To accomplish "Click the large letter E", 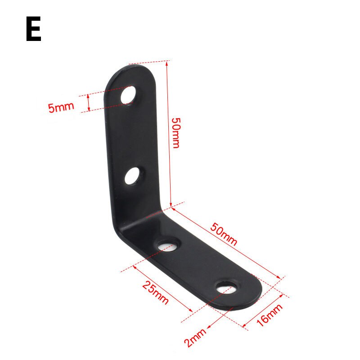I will click(x=33, y=30).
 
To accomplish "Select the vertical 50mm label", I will click(x=176, y=133).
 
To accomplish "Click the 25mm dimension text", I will click(x=155, y=292).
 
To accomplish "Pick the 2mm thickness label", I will click(x=194, y=337).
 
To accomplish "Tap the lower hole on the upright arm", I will click(x=133, y=176).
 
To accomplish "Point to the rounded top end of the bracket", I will click(x=130, y=72).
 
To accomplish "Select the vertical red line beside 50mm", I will click(x=169, y=135).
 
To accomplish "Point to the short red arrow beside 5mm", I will click(x=89, y=102).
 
